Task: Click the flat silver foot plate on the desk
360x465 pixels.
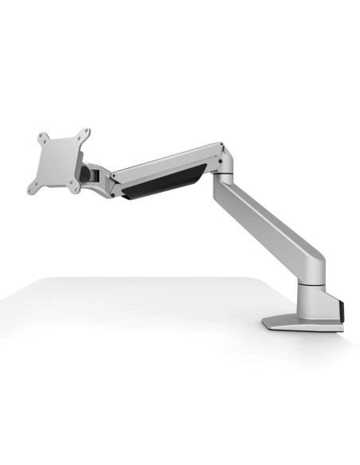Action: [x=299, y=323]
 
